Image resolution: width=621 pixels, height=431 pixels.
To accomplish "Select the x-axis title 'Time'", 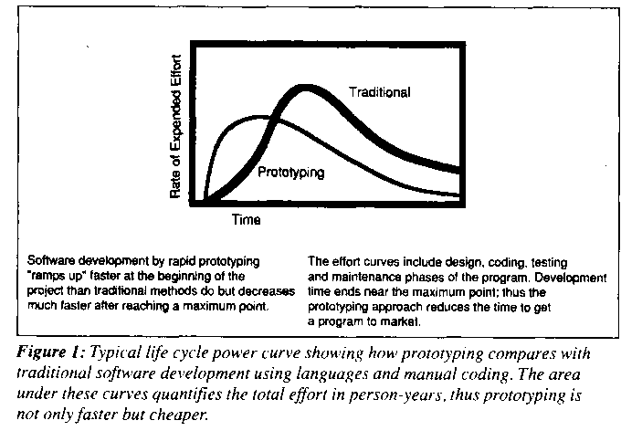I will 245,220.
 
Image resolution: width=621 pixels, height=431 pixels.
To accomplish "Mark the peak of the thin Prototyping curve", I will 259,117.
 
